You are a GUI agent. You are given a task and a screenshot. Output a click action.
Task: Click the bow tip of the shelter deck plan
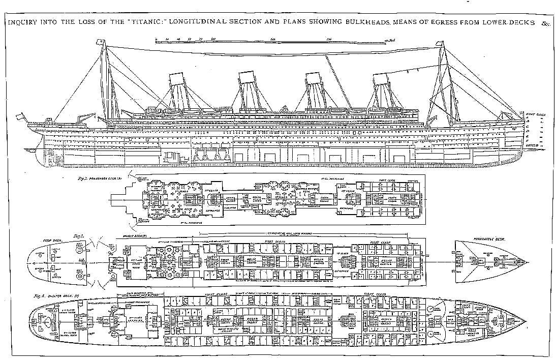(x=527, y=322)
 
